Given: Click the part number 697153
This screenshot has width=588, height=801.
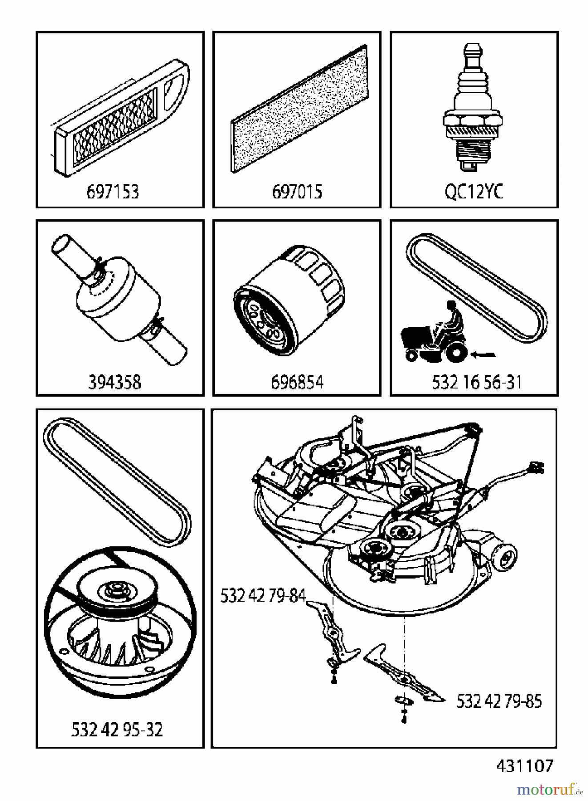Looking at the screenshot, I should tap(113, 192).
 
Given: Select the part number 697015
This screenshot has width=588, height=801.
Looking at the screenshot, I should tap(297, 192).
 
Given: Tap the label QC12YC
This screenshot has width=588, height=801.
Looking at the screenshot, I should tap(474, 192).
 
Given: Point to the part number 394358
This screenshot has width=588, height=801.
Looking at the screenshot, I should tap(114, 382).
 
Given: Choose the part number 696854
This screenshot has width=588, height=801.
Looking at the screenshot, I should tap(297, 382).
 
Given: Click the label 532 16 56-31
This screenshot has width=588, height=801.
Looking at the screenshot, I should tap(476, 382).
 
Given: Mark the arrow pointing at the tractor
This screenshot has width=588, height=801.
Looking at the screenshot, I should tap(483, 355).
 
